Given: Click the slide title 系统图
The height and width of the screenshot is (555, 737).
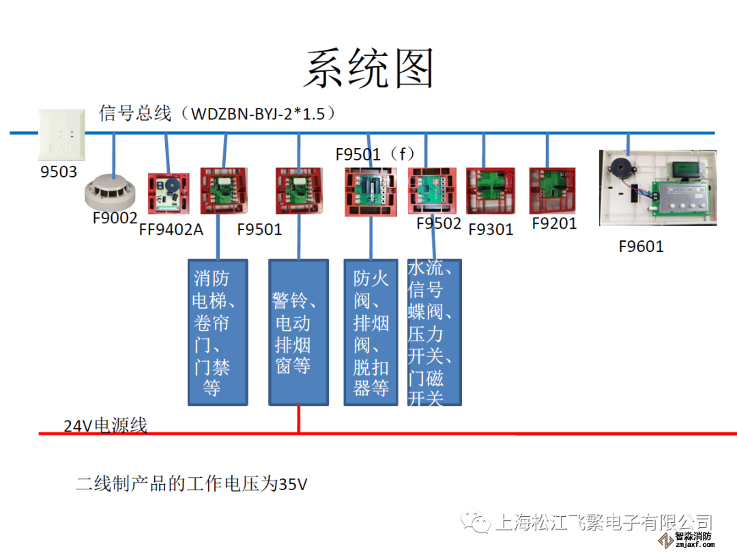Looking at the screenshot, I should pyautogui.click(x=369, y=68).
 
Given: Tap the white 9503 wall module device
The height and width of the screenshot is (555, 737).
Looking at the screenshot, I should pyautogui.click(x=63, y=135).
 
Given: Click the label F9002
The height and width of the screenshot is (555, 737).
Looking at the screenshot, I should pyautogui.click(x=115, y=219).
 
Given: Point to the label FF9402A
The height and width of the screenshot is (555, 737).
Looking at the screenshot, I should pyautogui.click(x=171, y=229).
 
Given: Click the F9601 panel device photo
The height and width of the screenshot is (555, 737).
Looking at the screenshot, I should pyautogui.click(x=657, y=188).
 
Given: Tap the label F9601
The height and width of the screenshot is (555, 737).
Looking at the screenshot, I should pyautogui.click(x=641, y=246).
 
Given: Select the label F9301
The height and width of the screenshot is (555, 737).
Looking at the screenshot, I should pyautogui.click(x=491, y=229).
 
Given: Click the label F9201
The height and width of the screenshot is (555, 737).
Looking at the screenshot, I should pyautogui.click(x=554, y=224).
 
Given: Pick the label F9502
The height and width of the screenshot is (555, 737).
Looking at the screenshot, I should pyautogui.click(x=439, y=224).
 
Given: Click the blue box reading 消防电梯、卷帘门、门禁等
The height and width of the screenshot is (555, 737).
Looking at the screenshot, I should pyautogui.click(x=218, y=332).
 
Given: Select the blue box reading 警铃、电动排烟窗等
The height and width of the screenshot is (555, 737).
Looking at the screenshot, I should pyautogui.click(x=298, y=332).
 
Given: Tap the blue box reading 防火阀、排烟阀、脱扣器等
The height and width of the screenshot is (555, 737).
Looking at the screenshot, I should pyautogui.click(x=371, y=332).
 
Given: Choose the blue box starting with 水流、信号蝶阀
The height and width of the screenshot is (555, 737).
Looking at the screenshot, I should pyautogui.click(x=434, y=332).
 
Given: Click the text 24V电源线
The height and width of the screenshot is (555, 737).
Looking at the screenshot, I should pyautogui.click(x=105, y=426).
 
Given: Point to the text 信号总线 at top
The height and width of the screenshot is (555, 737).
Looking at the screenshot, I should pyautogui.click(x=135, y=113).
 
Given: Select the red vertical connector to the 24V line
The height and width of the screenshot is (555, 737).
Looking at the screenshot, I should pyautogui.click(x=298, y=419).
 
